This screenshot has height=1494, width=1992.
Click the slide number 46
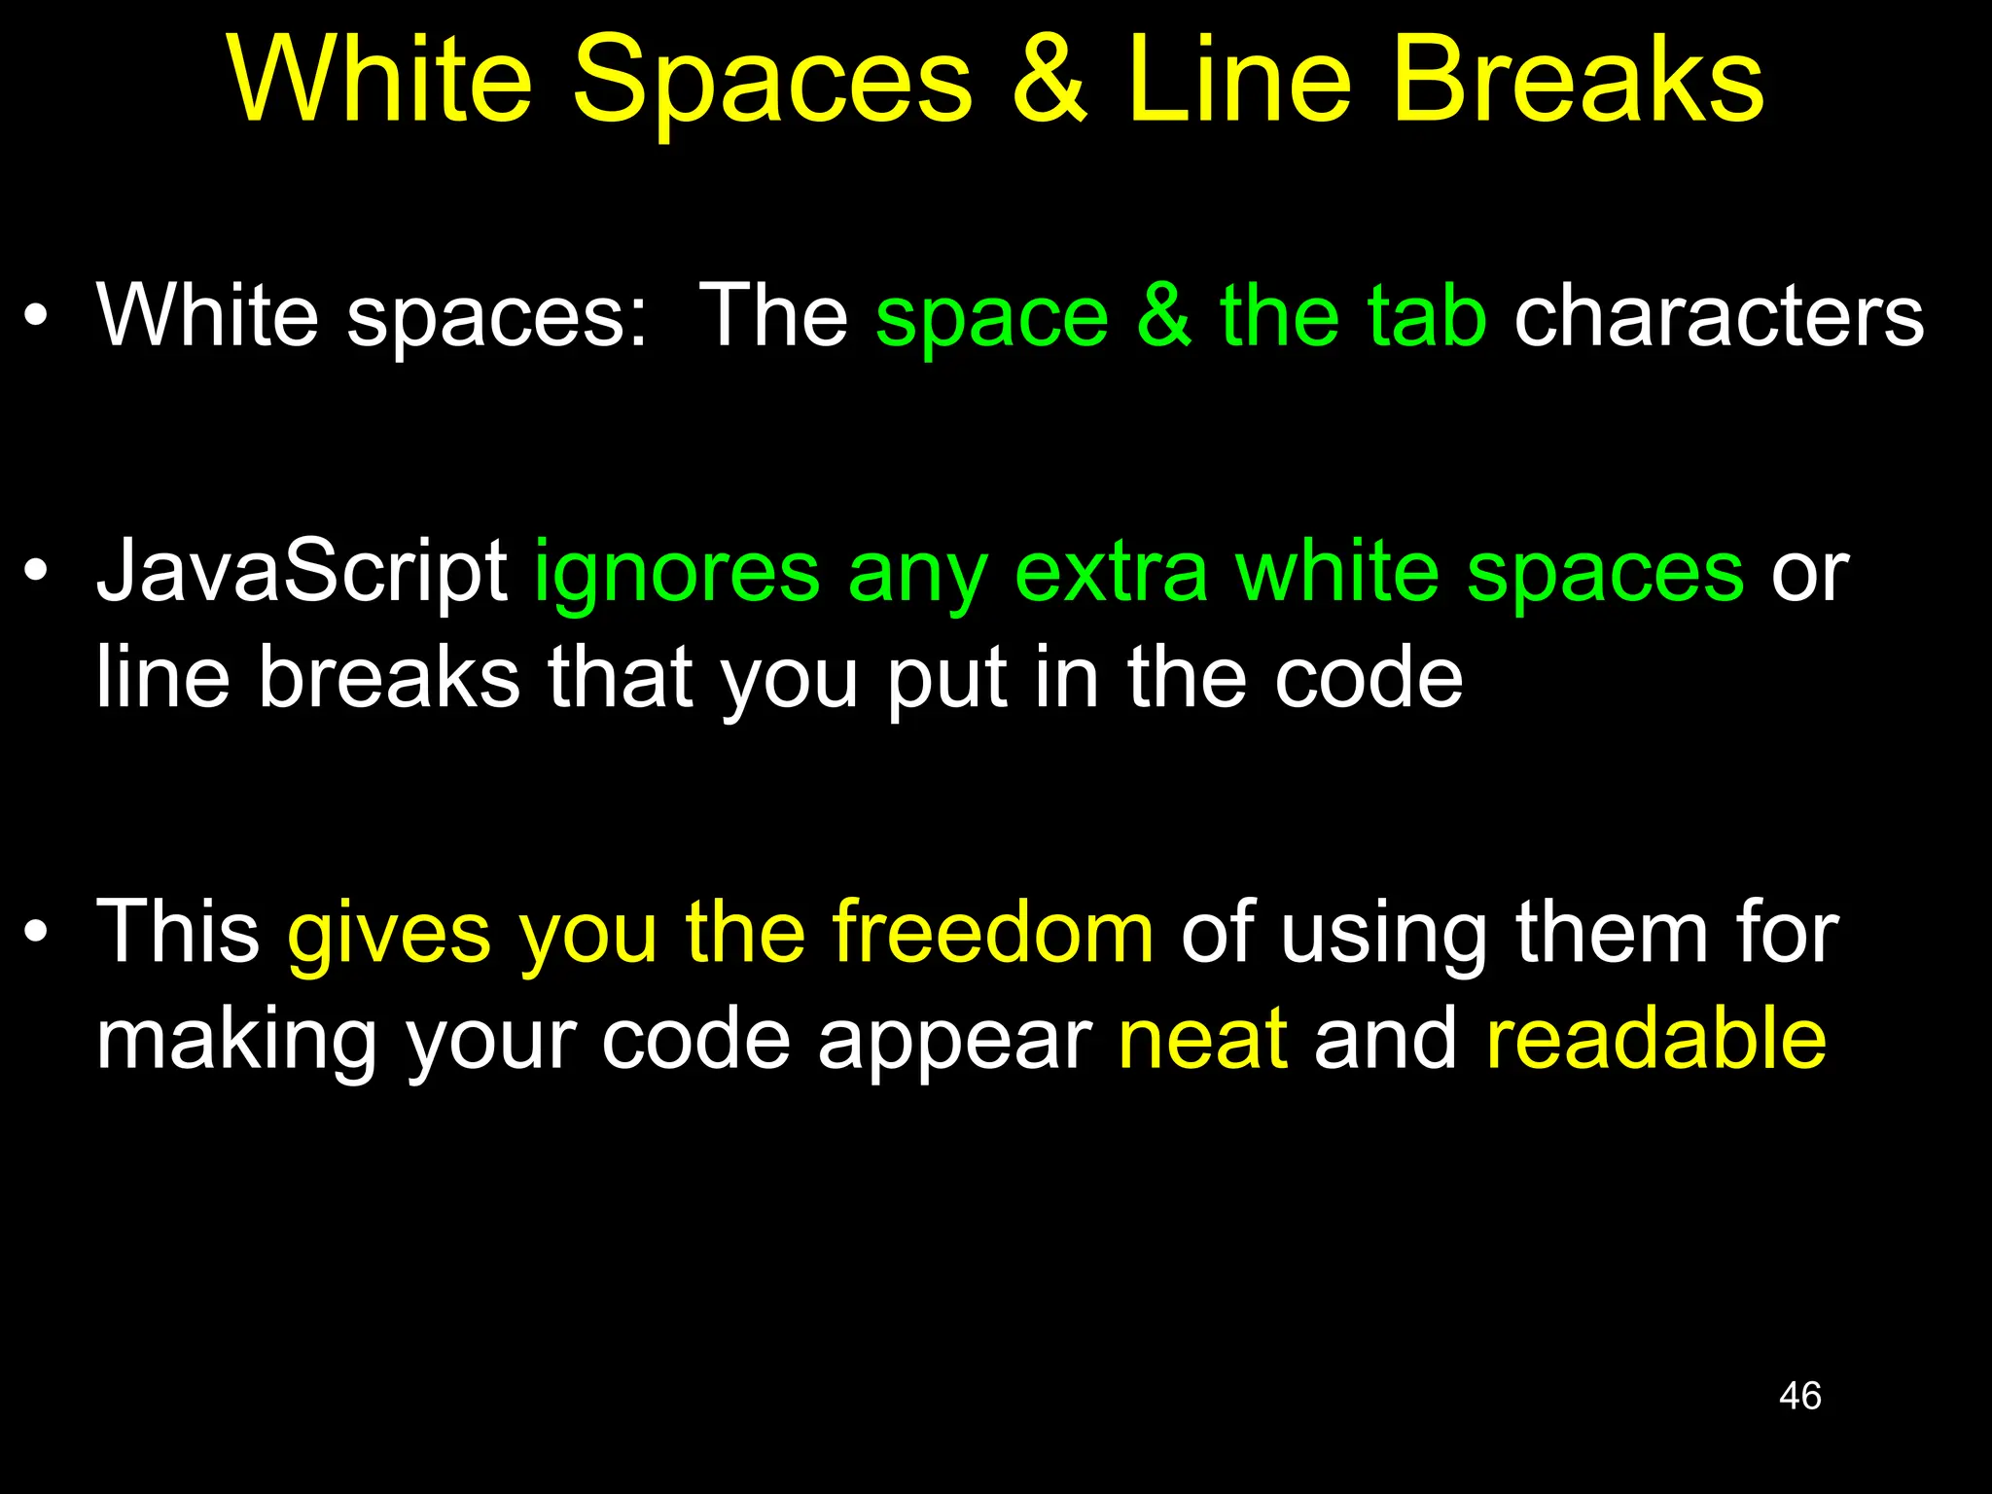click(x=1799, y=1396)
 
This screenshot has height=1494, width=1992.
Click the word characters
click(x=1719, y=317)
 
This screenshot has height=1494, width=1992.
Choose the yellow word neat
click(x=1203, y=1039)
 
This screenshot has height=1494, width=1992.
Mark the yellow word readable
click(x=1655, y=1039)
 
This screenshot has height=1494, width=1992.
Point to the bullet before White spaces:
click(x=36, y=315)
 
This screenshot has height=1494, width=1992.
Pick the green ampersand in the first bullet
click(x=1163, y=315)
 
